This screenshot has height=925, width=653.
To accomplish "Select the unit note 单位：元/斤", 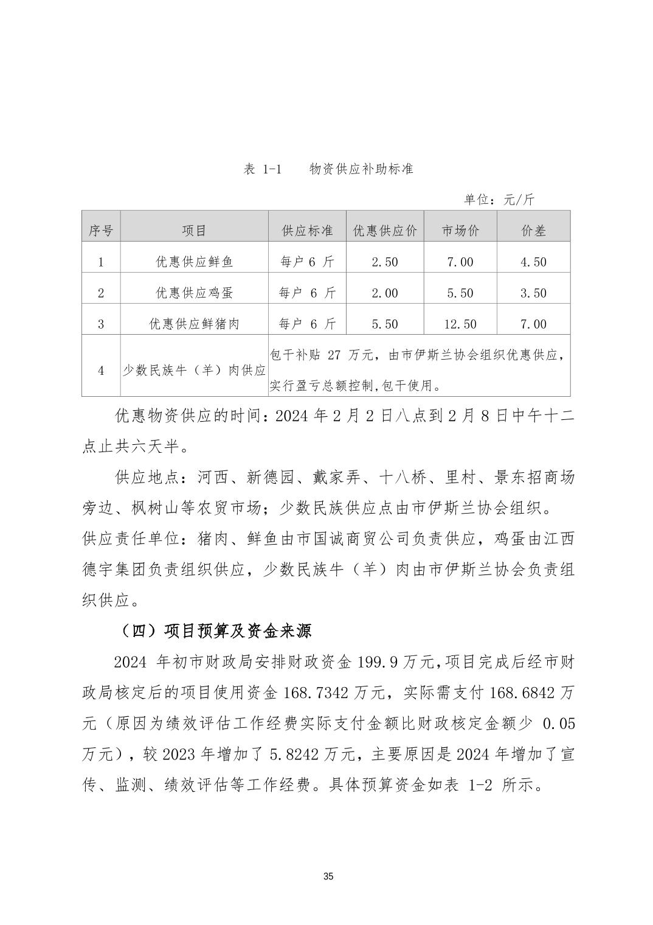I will pyautogui.click(x=499, y=200).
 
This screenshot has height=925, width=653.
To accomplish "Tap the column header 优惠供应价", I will pyautogui.click(x=385, y=231).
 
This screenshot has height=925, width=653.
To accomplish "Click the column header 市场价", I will pyautogui.click(x=460, y=231).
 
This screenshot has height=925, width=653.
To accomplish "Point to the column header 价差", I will pyautogui.click(x=533, y=231).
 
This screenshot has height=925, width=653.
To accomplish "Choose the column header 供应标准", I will pyautogui.click(x=307, y=231).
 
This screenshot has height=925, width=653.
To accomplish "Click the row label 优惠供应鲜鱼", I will pyautogui.click(x=194, y=262).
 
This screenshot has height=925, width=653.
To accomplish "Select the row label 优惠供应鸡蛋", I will pyautogui.click(x=194, y=293).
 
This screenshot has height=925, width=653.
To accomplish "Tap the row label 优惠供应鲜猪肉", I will pyautogui.click(x=194, y=324).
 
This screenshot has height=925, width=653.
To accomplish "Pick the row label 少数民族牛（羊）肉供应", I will pyautogui.click(x=194, y=371).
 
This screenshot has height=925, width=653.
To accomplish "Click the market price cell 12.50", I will pyautogui.click(x=460, y=324).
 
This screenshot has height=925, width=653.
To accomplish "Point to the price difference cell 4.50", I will pyautogui.click(x=533, y=262).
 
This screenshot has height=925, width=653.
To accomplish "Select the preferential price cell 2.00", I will pyautogui.click(x=384, y=293).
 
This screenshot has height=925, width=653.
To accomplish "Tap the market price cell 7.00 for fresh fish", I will pyautogui.click(x=460, y=262).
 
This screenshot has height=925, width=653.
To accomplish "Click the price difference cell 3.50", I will pyautogui.click(x=533, y=293).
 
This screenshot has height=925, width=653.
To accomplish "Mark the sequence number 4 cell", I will pyautogui.click(x=101, y=371).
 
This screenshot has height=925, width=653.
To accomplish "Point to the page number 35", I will pyautogui.click(x=328, y=877).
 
